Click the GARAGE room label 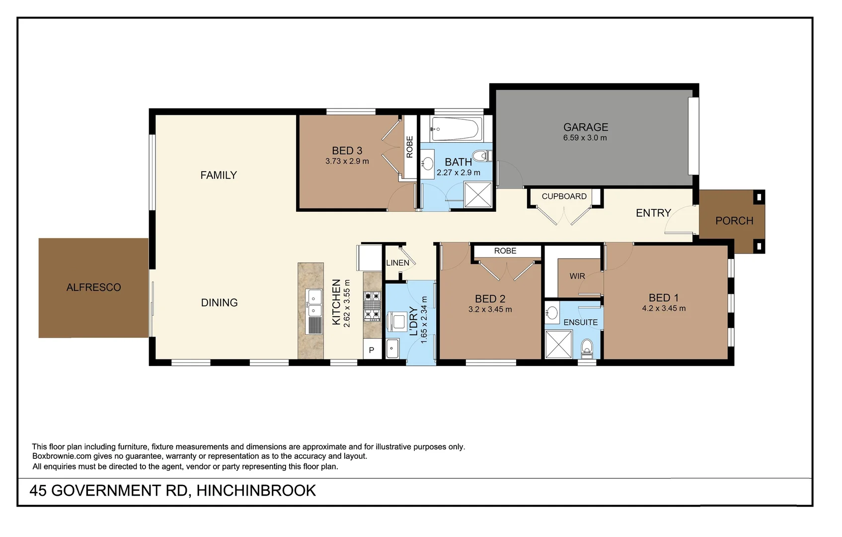[586, 127]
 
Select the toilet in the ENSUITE [587, 348]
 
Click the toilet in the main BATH [481, 156]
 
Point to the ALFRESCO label [93, 287]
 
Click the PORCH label [734, 221]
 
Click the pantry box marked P [372, 350]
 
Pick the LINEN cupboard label [397, 263]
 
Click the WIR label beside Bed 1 [577, 276]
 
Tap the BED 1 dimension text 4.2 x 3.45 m [664, 308]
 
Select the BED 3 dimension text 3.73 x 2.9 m [347, 161]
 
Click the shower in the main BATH [478, 194]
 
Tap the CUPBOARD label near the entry [564, 196]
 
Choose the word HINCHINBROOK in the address [256, 491]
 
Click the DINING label [219, 303]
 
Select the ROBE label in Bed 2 [505, 251]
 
